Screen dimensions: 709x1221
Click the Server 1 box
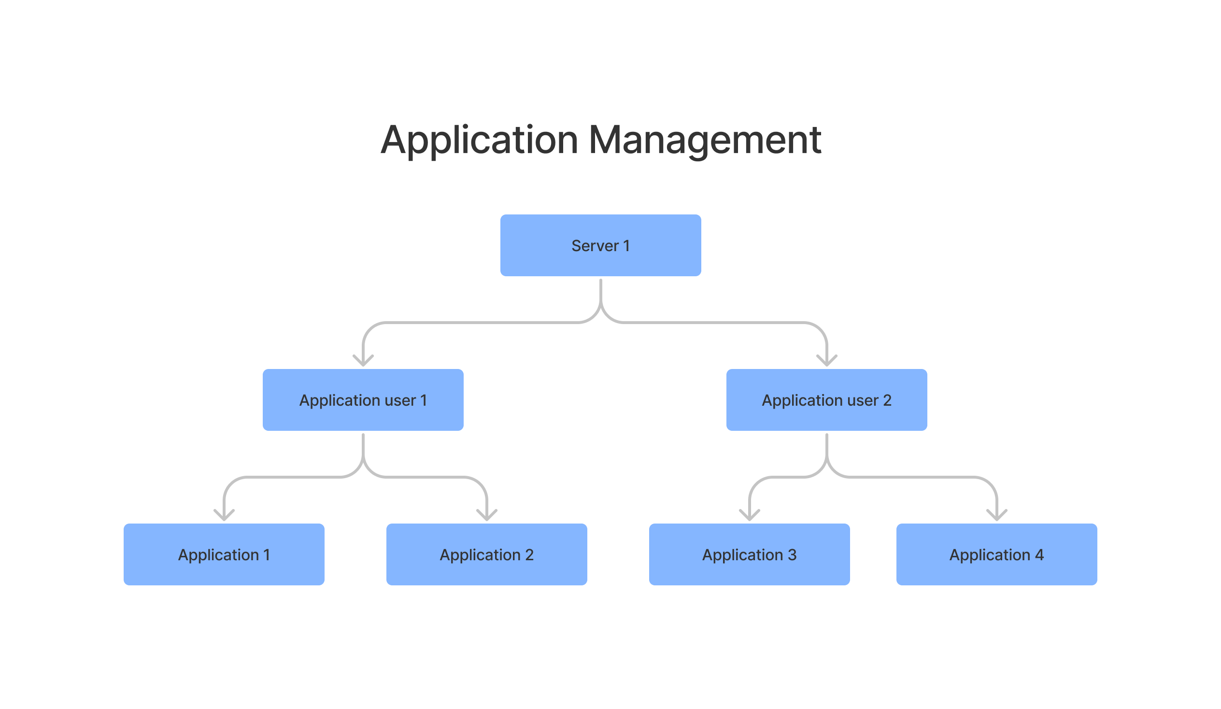point(600,245)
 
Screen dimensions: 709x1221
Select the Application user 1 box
point(363,400)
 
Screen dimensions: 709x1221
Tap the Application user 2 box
point(826,400)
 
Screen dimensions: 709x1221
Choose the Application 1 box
point(224,554)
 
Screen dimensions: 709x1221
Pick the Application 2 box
point(486,554)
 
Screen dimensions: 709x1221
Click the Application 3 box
point(749,554)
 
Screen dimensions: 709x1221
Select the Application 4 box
point(996,554)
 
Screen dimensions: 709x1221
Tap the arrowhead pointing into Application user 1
point(363,362)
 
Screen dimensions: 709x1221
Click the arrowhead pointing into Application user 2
point(826,362)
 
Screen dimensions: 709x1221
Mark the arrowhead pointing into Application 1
point(224,516)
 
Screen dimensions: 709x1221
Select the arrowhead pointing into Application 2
point(486,516)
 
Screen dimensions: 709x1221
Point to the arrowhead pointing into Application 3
point(749,516)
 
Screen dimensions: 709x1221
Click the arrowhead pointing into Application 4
point(997,516)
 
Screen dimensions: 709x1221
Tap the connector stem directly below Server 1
point(600,291)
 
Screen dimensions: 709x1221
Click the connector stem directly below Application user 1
point(363,445)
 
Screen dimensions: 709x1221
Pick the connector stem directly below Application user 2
point(826,445)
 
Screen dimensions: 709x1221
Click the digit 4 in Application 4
point(1039,554)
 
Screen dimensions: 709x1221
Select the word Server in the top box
point(595,246)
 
